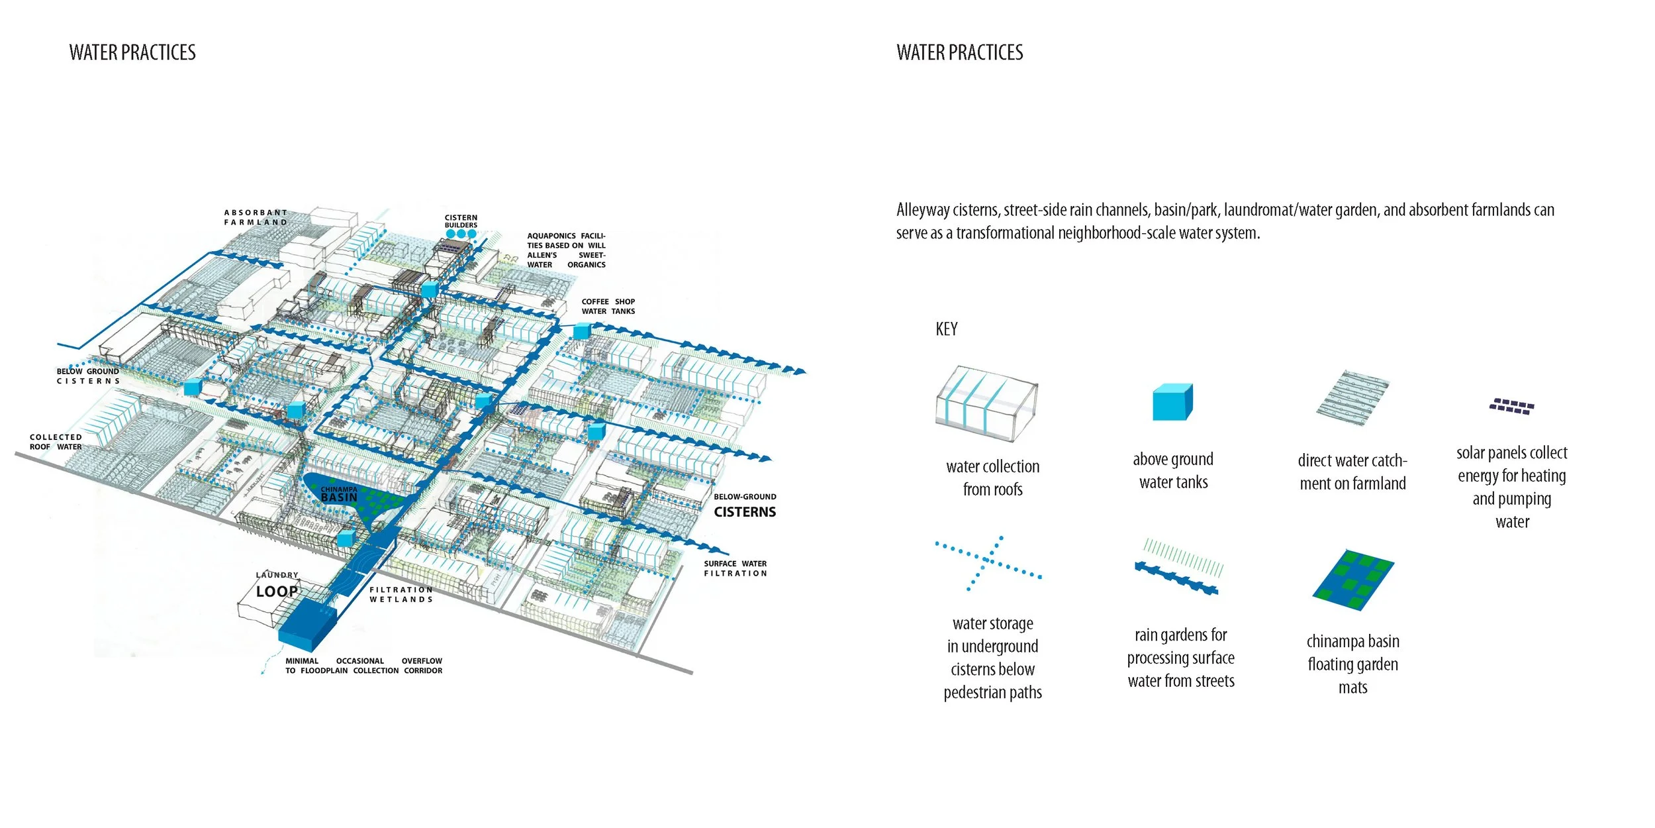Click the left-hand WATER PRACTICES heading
pyautogui.click(x=132, y=53)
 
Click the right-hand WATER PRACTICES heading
pyautogui.click(x=959, y=53)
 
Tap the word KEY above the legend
pyautogui.click(x=946, y=329)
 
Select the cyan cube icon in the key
pyautogui.click(x=1172, y=402)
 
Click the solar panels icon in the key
pyautogui.click(x=1511, y=406)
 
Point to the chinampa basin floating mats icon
pyautogui.click(x=1353, y=580)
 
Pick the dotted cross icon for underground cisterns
pyautogui.click(x=988, y=562)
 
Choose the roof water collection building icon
pyautogui.click(x=986, y=403)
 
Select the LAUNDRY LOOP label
pyautogui.click(x=277, y=586)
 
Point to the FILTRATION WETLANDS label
pyautogui.click(x=401, y=595)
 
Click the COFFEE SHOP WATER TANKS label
pyautogui.click(x=608, y=307)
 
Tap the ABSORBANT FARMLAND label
pyautogui.click(x=256, y=217)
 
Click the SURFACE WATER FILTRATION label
pyautogui.click(x=735, y=568)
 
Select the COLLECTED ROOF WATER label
pyautogui.click(x=56, y=442)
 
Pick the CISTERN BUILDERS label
pyautogui.click(x=461, y=221)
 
